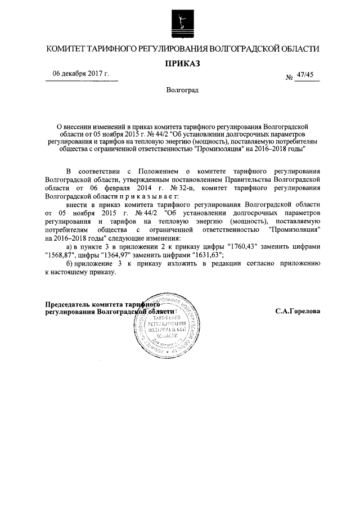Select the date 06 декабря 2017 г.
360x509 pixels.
[81, 74]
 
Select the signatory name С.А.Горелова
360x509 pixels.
[298, 311]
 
